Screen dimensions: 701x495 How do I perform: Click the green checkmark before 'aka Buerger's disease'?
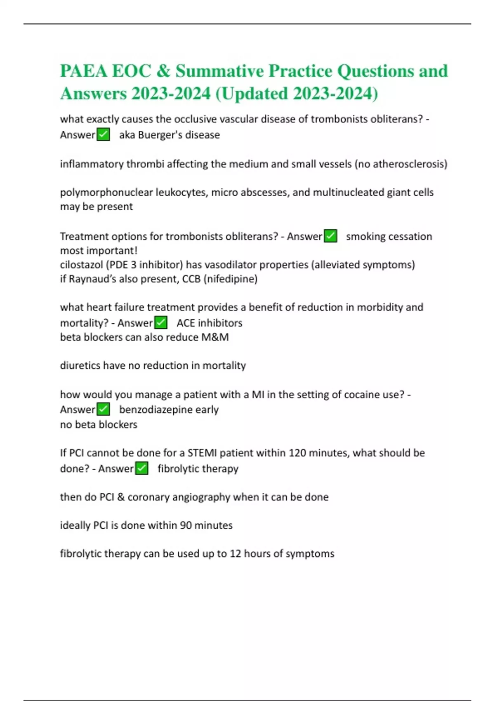[x=103, y=134]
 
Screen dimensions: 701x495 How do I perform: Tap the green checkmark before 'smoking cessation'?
[x=330, y=236]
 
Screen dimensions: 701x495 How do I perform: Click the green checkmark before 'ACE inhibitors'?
[x=160, y=322]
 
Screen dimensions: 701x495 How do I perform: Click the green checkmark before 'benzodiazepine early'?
[x=103, y=409]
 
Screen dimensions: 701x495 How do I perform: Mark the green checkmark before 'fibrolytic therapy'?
[x=141, y=468]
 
